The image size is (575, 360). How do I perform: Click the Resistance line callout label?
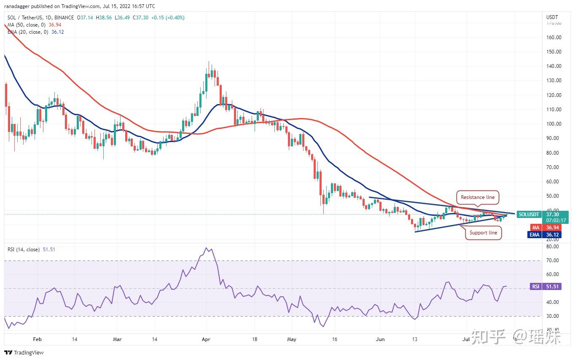pos(477,197)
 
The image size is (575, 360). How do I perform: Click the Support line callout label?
pos(483,233)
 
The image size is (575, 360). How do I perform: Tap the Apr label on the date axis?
pos(206,339)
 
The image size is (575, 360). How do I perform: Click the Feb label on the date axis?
pos(37,339)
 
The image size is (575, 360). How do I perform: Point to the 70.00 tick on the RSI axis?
pos(551,261)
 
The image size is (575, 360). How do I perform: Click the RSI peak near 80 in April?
pos(207,248)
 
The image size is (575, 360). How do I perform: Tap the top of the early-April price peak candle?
pos(209,62)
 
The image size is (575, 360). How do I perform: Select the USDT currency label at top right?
pos(552,17)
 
